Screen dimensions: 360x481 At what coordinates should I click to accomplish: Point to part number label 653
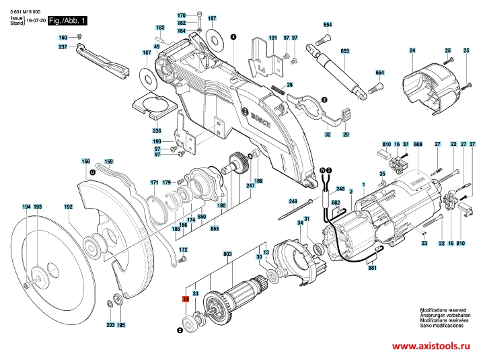pos(345,50)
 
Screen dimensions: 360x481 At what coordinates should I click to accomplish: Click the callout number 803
pos(227,253)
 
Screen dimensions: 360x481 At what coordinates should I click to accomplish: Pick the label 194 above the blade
pos(26,207)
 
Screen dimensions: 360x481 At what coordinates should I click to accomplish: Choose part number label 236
pos(157,130)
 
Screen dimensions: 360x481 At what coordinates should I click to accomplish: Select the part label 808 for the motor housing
pos(418,145)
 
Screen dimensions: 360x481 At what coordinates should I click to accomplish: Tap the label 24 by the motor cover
pos(412,51)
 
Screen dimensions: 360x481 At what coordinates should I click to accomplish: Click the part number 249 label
pos(293,201)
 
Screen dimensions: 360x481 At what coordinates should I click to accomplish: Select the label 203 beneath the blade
pos(110,325)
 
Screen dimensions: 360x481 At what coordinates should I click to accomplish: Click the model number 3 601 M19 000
pos(25,13)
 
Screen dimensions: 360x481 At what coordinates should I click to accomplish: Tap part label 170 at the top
pos(181,15)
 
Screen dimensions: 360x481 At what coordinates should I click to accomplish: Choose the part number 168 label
pos(85,161)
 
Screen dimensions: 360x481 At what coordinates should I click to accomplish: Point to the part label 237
pos(63,46)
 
